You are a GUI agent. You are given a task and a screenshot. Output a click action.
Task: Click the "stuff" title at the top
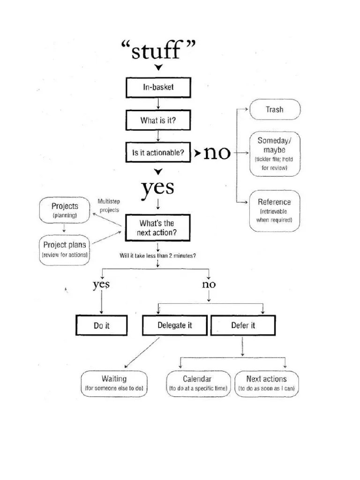(158, 50)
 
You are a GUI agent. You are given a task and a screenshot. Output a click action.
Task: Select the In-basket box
(158, 87)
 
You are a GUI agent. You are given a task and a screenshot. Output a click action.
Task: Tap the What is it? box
(158, 120)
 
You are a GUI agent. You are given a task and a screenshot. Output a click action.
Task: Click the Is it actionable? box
(158, 153)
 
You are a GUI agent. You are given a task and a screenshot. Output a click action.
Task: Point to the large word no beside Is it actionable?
(217, 153)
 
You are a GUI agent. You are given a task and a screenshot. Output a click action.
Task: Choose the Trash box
(275, 109)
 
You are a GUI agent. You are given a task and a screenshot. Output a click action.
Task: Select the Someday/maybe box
(275, 153)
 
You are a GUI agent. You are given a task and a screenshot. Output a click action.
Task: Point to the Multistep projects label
(109, 206)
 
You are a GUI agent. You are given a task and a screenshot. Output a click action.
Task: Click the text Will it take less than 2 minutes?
(158, 255)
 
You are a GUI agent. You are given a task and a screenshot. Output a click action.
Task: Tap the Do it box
(101, 325)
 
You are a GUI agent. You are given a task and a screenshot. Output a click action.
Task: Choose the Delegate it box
(174, 325)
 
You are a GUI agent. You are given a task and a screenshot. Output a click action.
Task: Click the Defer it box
(243, 325)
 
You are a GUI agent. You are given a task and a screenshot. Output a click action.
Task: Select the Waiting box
(114, 383)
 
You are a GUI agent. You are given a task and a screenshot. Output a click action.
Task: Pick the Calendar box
(198, 383)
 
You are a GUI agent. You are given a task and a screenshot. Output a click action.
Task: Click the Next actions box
(266, 383)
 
